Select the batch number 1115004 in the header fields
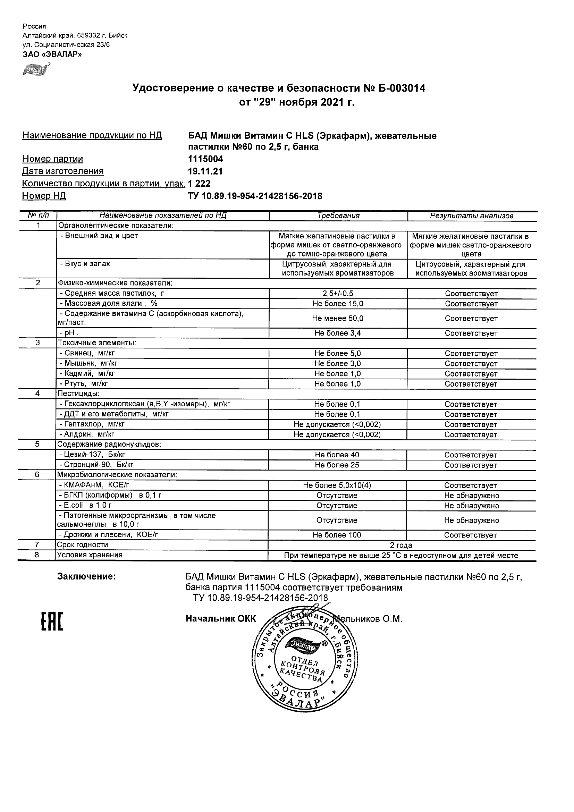[x=205, y=159]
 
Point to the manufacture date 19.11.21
[x=205, y=171]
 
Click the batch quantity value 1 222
[x=199, y=184]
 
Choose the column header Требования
[x=338, y=216]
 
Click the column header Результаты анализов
[x=471, y=216]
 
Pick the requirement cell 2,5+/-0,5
[x=338, y=294]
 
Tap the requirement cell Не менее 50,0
[x=338, y=318]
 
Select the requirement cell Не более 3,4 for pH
[x=338, y=333]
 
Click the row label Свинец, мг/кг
[x=87, y=353]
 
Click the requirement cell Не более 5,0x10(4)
[x=337, y=485]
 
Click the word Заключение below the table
[x=86, y=576]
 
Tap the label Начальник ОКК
[x=221, y=619]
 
